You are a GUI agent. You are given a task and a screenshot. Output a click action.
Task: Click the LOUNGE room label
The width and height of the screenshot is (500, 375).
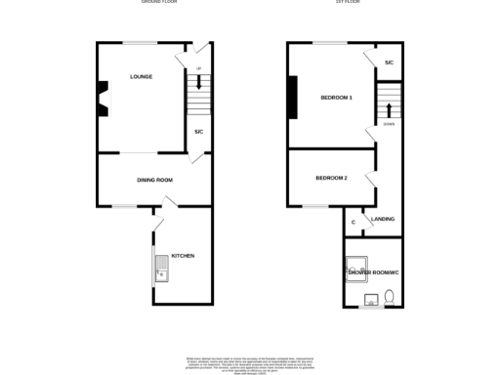141,76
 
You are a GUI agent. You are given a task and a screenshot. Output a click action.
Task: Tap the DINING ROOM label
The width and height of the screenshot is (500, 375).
154,180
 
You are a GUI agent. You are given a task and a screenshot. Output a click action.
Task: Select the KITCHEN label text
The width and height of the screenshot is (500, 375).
183,256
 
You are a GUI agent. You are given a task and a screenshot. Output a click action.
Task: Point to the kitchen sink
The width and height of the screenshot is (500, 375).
161,266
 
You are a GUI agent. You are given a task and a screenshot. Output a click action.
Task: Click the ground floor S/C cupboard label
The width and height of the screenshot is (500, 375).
198,131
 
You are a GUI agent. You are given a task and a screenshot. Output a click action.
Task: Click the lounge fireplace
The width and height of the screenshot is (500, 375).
102,97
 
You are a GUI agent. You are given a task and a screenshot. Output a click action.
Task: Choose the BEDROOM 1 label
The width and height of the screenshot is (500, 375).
336,98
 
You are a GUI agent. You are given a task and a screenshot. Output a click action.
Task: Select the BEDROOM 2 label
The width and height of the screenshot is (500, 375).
331,178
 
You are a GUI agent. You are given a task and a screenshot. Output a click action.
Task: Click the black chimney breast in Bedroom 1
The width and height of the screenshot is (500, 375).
292,97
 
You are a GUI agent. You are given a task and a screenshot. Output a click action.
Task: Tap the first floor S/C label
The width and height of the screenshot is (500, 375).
388,62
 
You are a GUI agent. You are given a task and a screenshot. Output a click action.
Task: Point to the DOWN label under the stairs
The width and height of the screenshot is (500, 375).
388,124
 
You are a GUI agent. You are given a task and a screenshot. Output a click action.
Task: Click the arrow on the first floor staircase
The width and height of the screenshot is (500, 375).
388,104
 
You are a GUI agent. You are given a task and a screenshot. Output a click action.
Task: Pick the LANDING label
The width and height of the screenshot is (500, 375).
383,219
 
